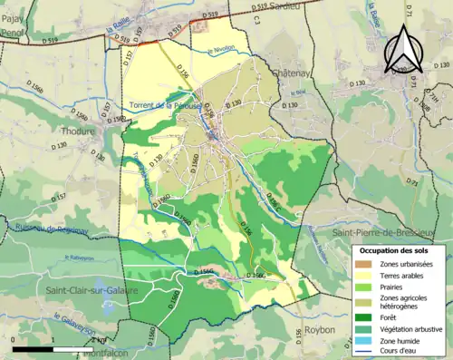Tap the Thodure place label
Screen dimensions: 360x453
click(79, 131)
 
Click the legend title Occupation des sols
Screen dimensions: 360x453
click(395, 249)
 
